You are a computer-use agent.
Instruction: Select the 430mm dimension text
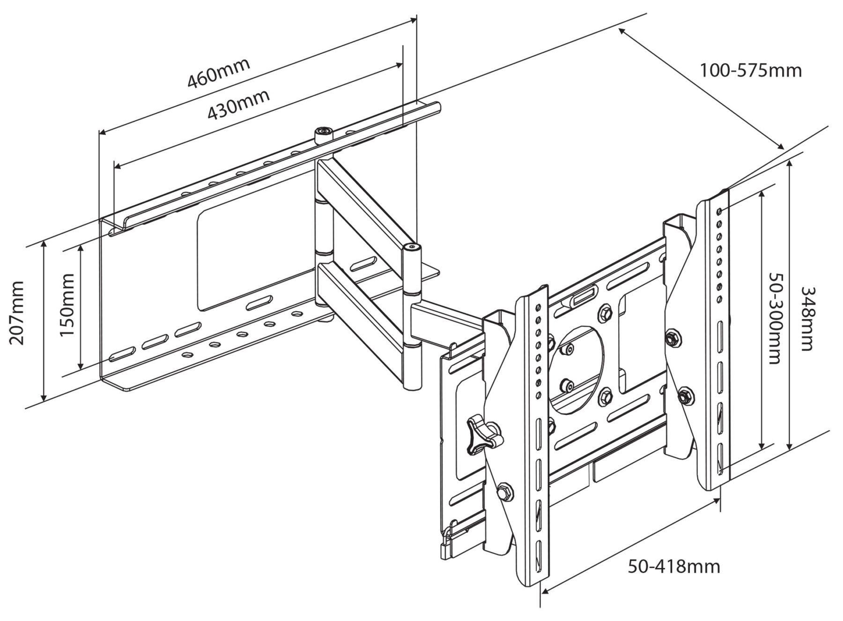click(238, 104)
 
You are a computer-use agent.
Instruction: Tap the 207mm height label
click(18, 313)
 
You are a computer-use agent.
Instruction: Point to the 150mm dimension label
click(67, 305)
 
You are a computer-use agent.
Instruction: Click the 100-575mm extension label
click(751, 71)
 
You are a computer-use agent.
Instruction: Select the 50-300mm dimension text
click(775, 319)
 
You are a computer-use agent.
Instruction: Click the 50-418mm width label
click(674, 567)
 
